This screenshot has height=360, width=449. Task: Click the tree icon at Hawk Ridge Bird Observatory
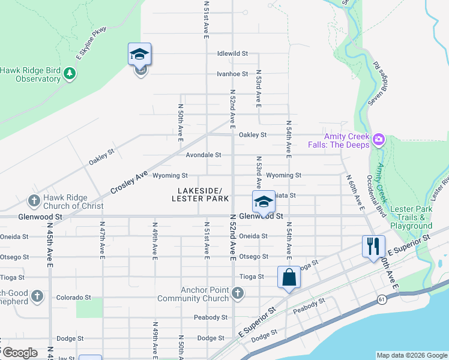71,74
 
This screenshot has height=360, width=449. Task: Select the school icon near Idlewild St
139,55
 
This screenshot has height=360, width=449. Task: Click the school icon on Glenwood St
263,203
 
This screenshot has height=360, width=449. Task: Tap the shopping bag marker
289,278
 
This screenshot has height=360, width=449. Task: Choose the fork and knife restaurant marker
373,247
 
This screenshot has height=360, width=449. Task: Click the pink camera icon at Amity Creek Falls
379,140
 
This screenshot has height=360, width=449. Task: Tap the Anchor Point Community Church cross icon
238,293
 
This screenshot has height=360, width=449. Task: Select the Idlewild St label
233,53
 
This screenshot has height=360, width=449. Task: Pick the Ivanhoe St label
233,74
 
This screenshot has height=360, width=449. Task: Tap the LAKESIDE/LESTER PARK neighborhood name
200,194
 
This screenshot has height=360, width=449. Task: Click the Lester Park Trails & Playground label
411,217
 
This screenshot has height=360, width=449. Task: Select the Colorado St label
73,297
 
